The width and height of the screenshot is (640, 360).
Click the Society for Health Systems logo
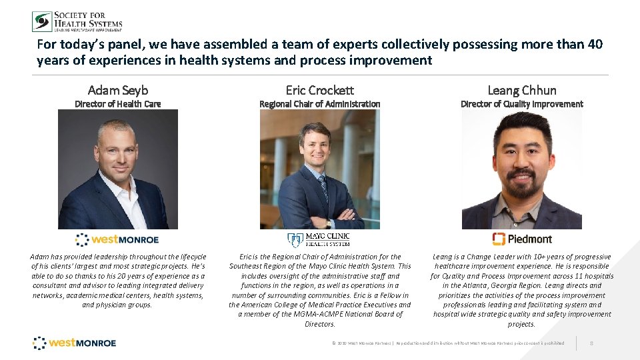tap(77, 21)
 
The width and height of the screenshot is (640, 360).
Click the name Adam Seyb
tap(118, 90)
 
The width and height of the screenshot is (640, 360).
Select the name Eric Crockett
tap(319, 90)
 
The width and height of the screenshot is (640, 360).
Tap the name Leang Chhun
tap(521, 90)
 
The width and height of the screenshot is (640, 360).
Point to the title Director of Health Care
tap(118, 104)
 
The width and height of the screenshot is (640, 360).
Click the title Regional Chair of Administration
tap(319, 104)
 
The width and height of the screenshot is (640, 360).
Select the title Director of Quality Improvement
tap(521, 104)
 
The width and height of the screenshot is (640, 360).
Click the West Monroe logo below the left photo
tap(117, 239)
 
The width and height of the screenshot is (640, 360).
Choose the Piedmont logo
tap(521, 239)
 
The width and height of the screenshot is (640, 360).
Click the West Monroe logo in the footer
tap(75, 343)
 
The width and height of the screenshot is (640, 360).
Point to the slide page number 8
tap(592, 343)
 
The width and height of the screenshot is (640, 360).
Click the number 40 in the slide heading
tap(595, 45)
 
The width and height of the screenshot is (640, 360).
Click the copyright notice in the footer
tap(447, 343)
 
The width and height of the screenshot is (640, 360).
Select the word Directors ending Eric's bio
tap(319, 324)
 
